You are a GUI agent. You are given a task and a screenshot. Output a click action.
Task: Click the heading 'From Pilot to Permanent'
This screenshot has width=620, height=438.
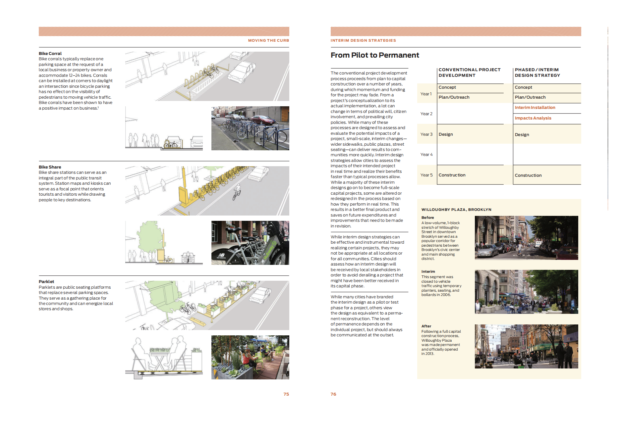(374, 55)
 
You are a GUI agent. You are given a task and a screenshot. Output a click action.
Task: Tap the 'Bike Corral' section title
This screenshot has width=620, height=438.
(50, 53)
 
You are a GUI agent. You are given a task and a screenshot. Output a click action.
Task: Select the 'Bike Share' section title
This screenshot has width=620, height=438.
(50, 167)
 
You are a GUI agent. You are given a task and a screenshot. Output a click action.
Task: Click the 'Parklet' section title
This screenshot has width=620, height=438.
(46, 281)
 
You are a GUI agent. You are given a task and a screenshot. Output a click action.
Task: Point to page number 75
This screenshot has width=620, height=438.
(286, 394)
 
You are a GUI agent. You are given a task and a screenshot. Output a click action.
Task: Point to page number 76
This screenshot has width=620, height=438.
(333, 394)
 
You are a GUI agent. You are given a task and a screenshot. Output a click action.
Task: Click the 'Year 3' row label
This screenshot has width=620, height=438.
(426, 134)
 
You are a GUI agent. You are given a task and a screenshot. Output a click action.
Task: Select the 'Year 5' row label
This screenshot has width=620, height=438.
(426, 175)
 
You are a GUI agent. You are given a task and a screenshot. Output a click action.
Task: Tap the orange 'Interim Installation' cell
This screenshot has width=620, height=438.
(535, 108)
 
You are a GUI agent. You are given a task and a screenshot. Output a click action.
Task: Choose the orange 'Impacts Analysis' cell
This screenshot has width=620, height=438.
(533, 118)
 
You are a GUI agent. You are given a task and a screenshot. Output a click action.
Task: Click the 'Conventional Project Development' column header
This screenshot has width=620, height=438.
(469, 73)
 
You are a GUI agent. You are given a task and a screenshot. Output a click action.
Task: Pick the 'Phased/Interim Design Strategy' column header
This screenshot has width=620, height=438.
(537, 73)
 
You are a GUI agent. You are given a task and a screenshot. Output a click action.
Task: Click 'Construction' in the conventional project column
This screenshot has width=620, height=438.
(452, 175)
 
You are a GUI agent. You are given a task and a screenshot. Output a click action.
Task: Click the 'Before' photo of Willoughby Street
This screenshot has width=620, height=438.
(526, 238)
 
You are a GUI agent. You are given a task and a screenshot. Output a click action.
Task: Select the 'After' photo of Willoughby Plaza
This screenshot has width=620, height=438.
(526, 346)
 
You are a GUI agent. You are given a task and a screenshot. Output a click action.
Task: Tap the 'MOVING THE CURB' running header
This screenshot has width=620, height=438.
(268, 40)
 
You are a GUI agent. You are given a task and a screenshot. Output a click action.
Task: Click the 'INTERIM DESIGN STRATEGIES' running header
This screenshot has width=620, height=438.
(363, 40)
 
